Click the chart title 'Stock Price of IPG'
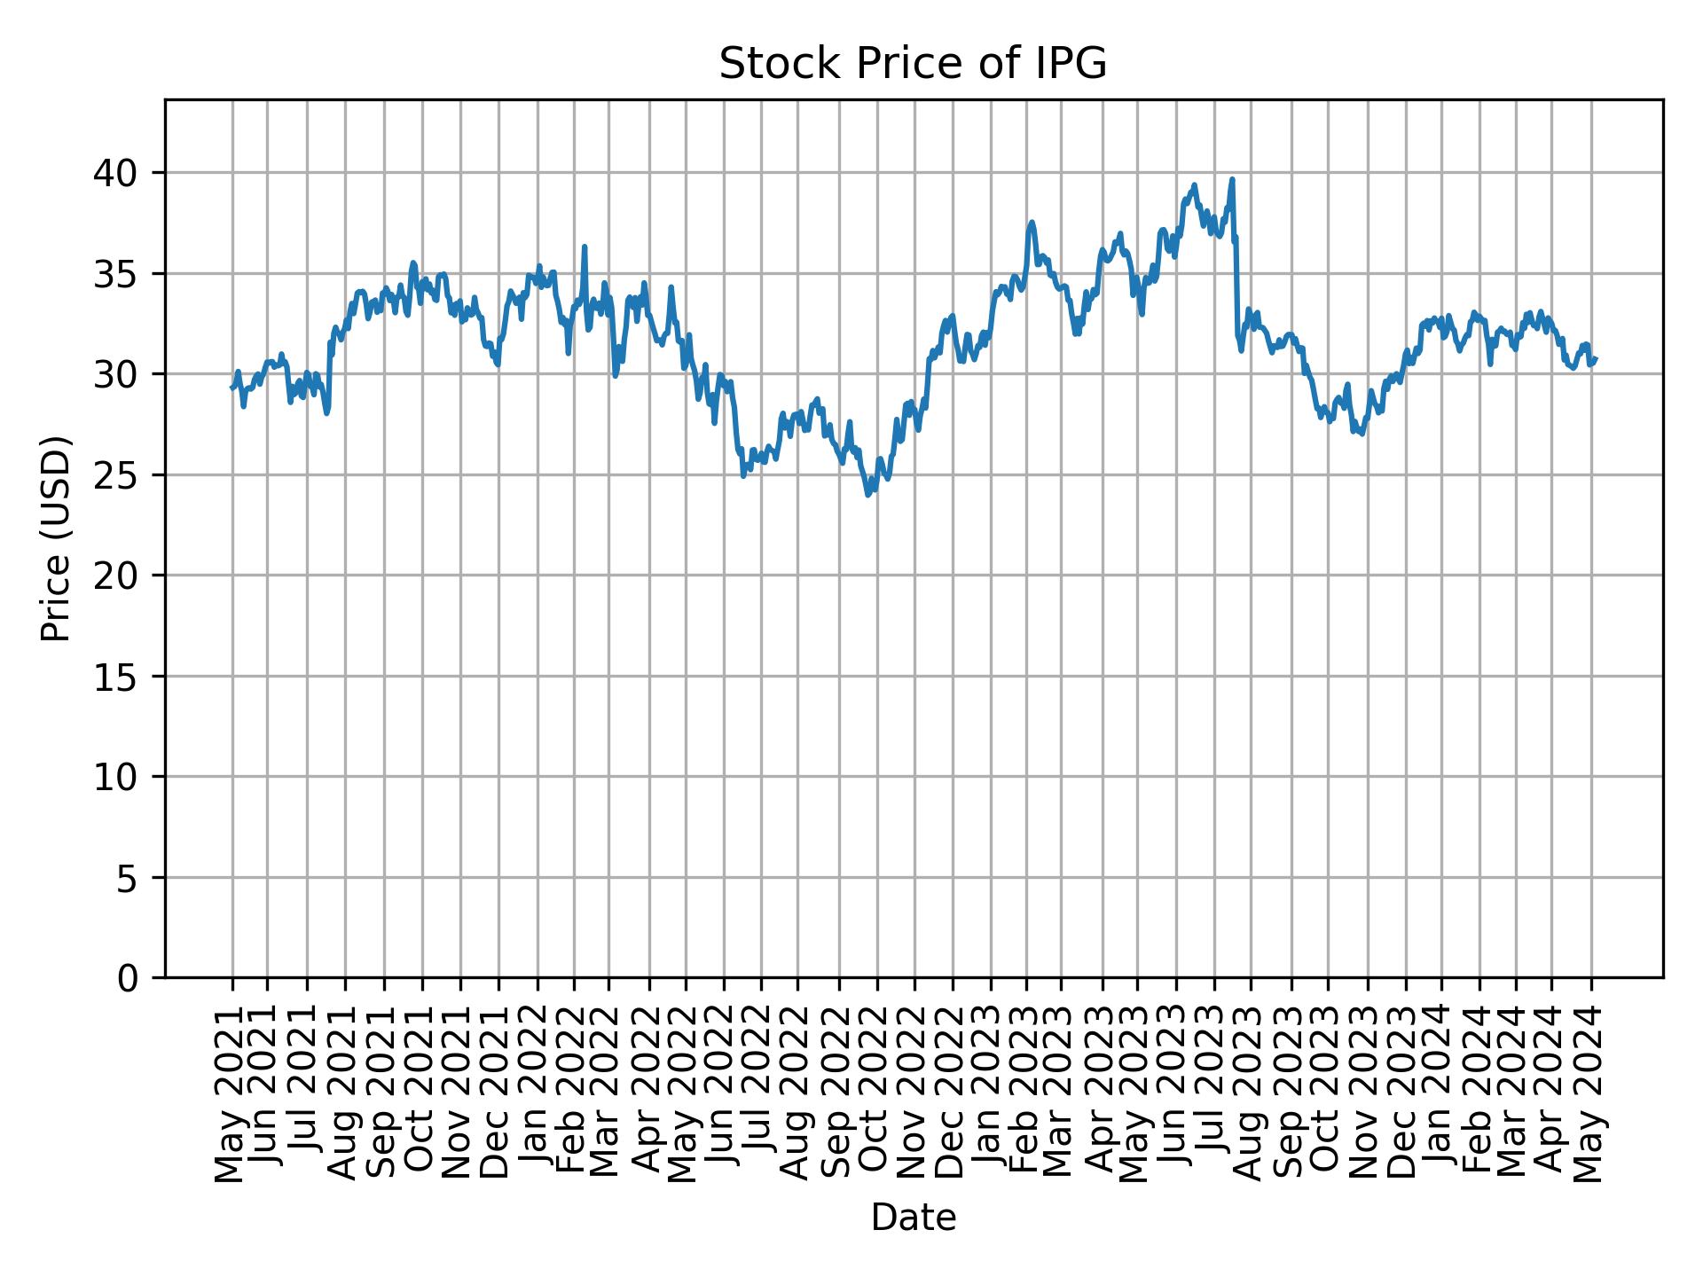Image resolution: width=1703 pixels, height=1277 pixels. point(913,65)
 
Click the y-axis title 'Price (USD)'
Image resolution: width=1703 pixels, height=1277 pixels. point(56,538)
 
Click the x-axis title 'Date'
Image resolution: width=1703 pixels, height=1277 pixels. point(913,1218)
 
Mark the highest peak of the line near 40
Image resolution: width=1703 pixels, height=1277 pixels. point(1232,179)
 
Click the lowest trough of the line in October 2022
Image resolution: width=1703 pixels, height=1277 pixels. point(868,494)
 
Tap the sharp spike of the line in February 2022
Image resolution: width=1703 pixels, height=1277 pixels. point(585,247)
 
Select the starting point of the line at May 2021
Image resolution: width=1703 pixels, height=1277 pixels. point(232,388)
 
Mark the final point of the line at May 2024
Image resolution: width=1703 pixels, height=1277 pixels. point(1596,358)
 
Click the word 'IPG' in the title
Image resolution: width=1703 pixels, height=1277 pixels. point(1078,65)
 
